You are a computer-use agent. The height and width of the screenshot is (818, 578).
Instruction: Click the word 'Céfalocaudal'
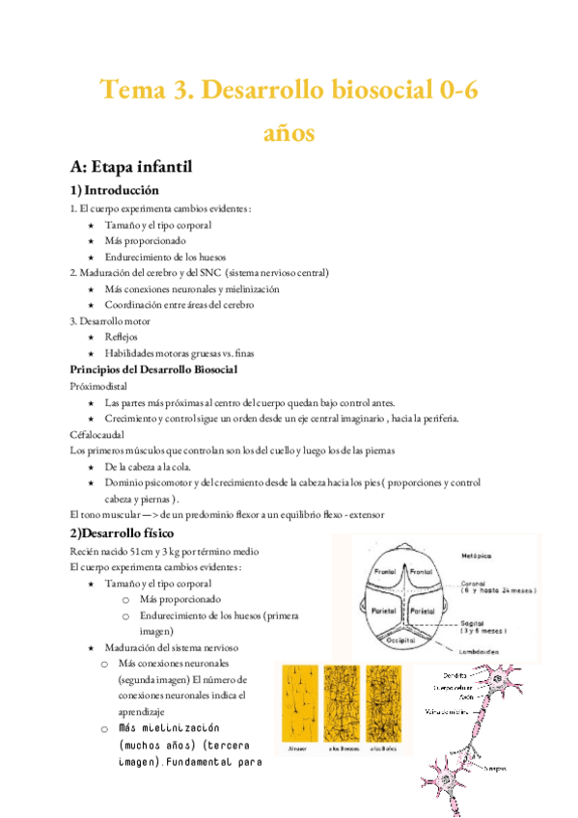point(96,434)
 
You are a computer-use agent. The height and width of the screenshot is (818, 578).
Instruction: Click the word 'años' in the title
point(289,132)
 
